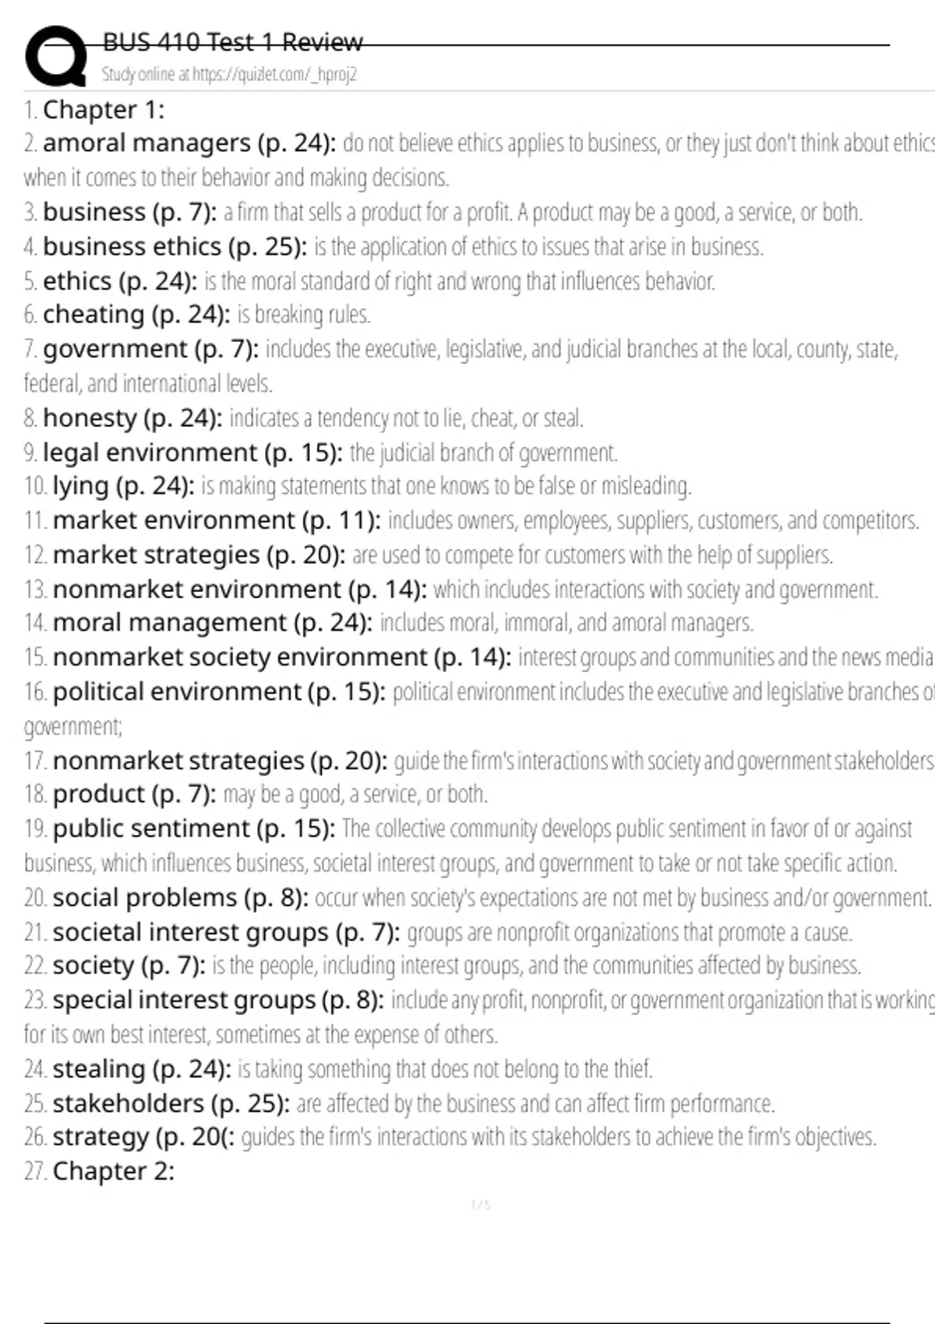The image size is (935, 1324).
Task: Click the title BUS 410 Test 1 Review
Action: click(232, 42)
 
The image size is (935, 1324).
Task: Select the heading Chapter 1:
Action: click(104, 110)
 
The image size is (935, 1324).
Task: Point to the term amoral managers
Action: click(146, 143)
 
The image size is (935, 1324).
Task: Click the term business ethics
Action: click(132, 247)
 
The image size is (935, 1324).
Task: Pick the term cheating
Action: click(93, 315)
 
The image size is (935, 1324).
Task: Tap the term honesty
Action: click(90, 418)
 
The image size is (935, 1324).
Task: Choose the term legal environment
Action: click(150, 452)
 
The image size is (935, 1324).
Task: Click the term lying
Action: click(81, 486)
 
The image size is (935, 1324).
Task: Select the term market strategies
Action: click(156, 555)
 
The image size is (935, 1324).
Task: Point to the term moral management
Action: click(169, 623)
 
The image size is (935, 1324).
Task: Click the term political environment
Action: click(177, 692)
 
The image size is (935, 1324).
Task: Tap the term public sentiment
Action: click(151, 829)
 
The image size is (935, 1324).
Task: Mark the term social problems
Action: click(144, 898)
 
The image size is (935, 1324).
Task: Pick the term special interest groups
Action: click(184, 1000)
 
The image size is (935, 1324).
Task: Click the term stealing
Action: click(99, 1069)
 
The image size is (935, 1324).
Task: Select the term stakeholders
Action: click(128, 1104)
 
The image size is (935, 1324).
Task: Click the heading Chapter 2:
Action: click(113, 1171)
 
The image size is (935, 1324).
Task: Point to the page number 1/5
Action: click(481, 1206)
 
